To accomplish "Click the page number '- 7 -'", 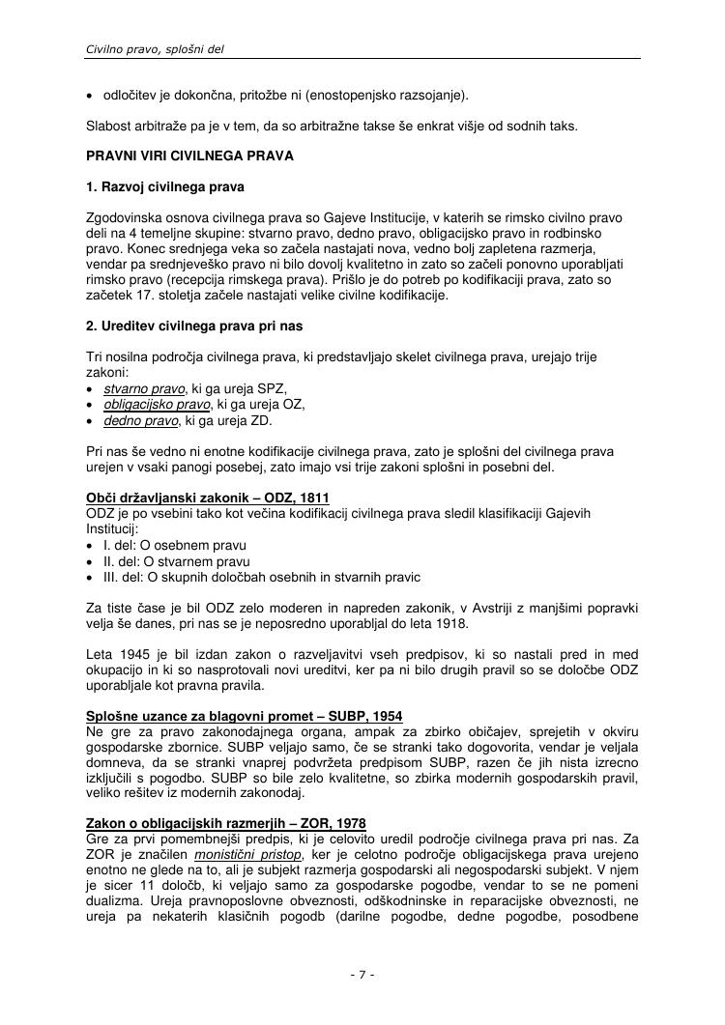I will [362, 975].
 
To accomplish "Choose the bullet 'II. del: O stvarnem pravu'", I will [176, 561].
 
